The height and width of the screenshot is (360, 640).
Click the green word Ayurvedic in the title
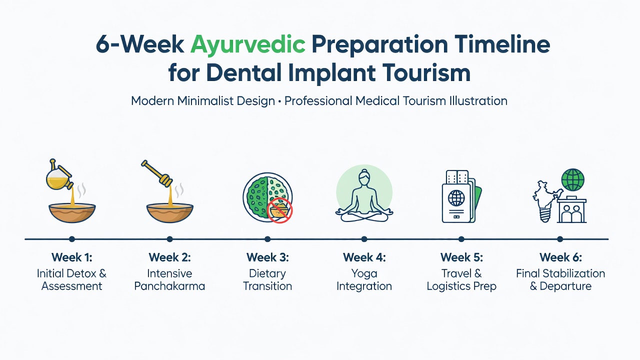pos(247,45)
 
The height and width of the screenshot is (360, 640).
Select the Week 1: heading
pos(71,257)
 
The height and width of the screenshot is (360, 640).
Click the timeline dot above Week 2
pos(169,239)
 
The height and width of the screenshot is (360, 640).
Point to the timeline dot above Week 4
pos(364,239)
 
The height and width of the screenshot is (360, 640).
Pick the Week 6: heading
pos(560,257)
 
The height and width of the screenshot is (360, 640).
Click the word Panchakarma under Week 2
pos(169,286)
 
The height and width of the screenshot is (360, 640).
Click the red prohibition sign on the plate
pos(279,210)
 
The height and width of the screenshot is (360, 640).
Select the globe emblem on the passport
pos(456,198)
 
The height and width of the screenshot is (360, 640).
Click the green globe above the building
pos(573,179)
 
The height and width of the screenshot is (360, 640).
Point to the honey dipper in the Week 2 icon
pos(157,173)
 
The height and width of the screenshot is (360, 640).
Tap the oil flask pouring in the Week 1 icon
pos(59,175)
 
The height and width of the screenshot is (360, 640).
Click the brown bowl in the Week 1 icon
pos(72,213)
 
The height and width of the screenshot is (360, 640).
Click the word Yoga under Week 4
pos(364,273)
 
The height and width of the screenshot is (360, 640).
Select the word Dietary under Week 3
pos(267,273)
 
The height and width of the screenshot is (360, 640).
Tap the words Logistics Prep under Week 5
pos(461,286)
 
